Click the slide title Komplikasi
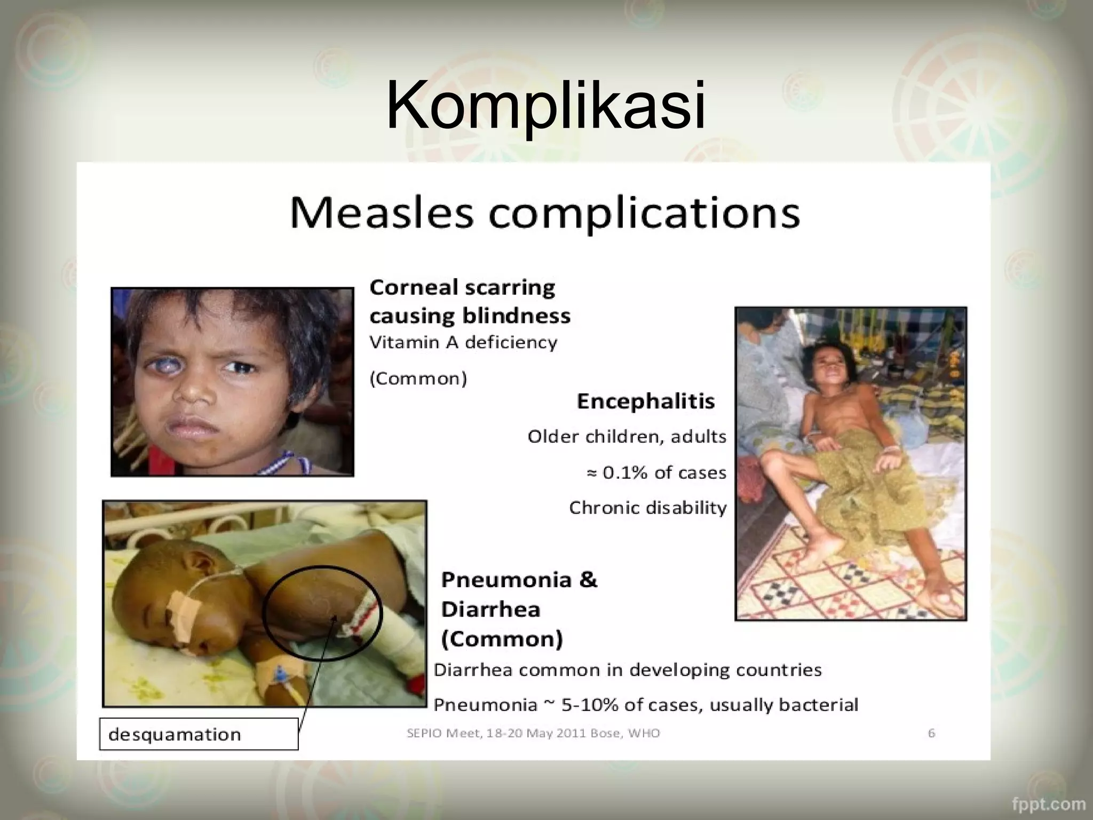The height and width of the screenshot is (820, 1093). [545, 105]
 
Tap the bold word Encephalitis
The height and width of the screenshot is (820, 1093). [645, 401]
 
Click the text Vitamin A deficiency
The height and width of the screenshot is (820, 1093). [463, 342]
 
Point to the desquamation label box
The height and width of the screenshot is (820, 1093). [199, 735]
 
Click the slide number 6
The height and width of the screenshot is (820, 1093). [931, 733]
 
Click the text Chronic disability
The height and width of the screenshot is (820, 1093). [647, 508]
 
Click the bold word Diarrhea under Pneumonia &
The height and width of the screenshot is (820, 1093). [490, 609]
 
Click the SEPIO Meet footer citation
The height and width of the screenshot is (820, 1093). [533, 733]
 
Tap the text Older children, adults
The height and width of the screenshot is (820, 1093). [627, 437]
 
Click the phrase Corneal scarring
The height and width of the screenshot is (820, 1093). [462, 288]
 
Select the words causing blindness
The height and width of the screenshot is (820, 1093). [470, 316]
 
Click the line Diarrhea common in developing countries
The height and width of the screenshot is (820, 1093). [627, 670]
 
